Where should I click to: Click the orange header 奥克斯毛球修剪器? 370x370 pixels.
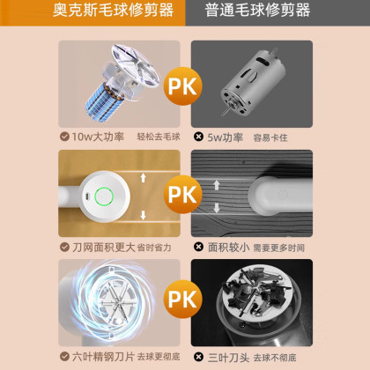[113, 11]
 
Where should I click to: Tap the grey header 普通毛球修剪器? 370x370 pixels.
[257, 11]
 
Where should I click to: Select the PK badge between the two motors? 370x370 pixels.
[182, 86]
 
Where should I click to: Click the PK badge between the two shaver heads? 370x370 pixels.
[182, 194]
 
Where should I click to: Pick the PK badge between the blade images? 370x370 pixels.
[182, 299]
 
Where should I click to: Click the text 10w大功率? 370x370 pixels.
[98, 137]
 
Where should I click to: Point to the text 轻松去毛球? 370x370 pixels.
[159, 137]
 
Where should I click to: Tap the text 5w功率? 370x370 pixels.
[226, 137]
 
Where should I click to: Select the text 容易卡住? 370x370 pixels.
[270, 137]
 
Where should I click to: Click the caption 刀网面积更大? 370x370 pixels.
[104, 248]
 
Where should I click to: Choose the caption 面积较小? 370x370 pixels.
[228, 248]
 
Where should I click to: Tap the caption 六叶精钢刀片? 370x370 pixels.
[103, 357]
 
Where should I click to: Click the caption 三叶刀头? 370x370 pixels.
[228, 358]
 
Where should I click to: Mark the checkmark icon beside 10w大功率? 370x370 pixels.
[64, 137]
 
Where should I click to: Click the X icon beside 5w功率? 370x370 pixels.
[199, 137]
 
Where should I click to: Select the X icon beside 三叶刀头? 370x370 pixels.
[199, 357]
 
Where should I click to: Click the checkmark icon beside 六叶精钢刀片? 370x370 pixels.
[64, 357]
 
